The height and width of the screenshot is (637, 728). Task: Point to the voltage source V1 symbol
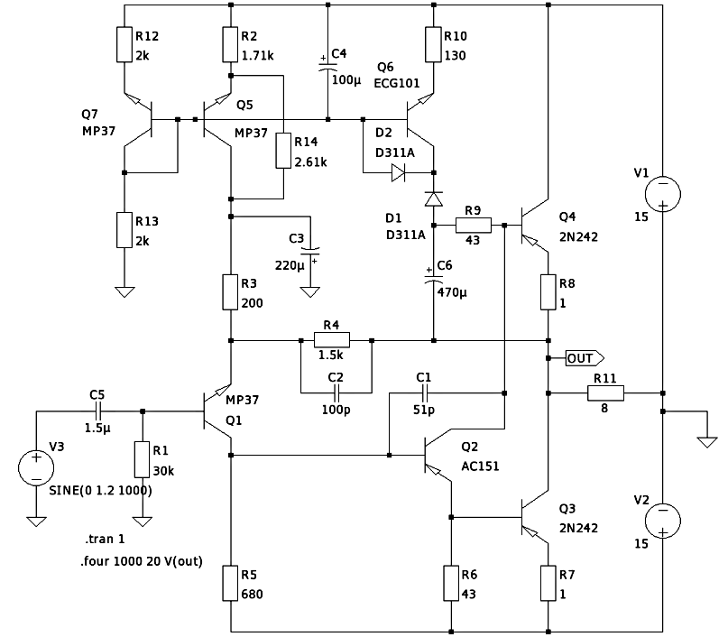[x=662, y=192]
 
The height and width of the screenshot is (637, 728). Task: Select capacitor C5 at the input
[x=98, y=412]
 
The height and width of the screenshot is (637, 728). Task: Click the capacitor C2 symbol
[x=336, y=393]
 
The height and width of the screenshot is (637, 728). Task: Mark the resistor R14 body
[x=283, y=152]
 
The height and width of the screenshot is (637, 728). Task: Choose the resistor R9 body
[x=473, y=225]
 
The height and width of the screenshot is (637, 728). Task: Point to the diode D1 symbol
[x=434, y=198]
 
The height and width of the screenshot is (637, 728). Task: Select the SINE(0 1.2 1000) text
[x=100, y=491]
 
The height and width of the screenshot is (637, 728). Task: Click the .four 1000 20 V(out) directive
[x=143, y=561]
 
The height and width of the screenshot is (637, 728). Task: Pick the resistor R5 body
[x=231, y=583]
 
